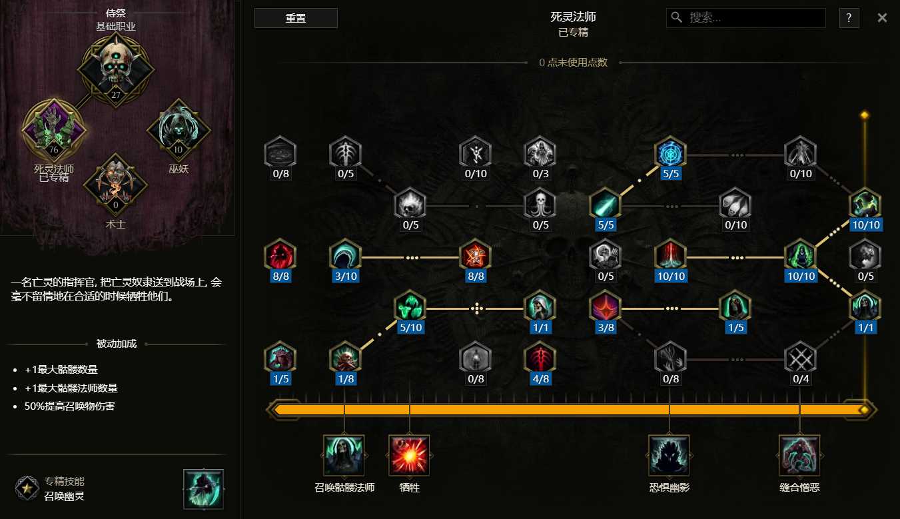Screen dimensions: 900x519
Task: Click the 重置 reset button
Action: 296,18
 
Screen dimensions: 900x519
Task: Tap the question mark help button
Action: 849,18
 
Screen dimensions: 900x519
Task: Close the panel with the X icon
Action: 882,18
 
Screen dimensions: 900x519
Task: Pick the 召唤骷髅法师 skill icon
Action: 344,455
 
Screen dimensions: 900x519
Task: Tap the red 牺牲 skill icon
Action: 409,455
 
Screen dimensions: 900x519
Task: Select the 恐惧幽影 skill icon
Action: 669,455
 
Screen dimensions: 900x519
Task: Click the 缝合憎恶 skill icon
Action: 799,455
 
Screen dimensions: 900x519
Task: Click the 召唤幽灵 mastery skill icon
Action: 203,489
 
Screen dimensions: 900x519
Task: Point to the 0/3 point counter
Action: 540,173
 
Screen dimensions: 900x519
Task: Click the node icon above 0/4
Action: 800,358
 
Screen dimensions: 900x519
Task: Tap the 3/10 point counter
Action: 346,276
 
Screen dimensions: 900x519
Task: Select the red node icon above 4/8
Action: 540,358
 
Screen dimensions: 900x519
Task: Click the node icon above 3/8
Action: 606,306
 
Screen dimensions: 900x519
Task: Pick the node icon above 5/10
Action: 410,306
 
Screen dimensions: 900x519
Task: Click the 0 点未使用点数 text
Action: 574,62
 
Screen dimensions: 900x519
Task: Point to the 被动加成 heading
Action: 117,344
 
